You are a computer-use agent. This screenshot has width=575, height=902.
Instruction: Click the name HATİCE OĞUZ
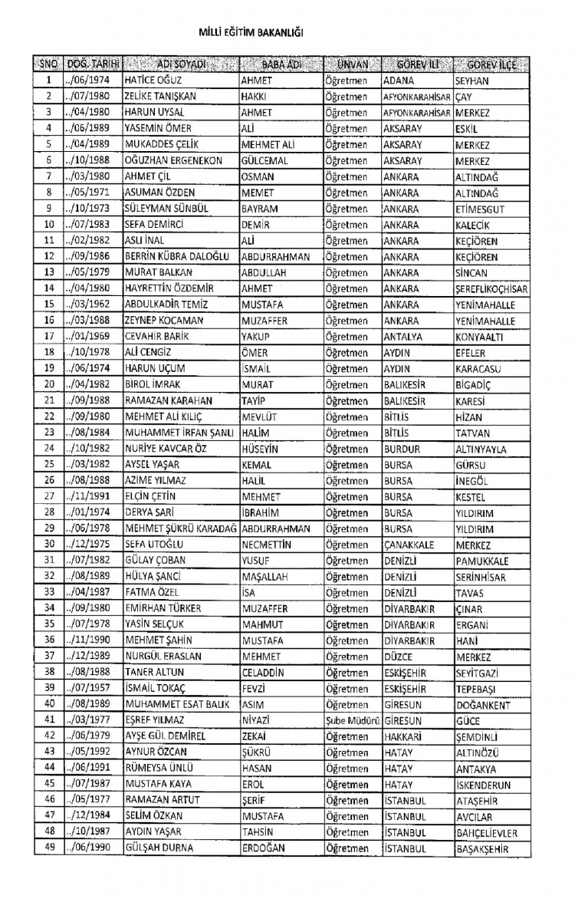point(152,80)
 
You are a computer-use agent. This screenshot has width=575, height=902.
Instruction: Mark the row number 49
point(48,848)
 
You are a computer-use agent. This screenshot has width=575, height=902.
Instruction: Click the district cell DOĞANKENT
point(487,705)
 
